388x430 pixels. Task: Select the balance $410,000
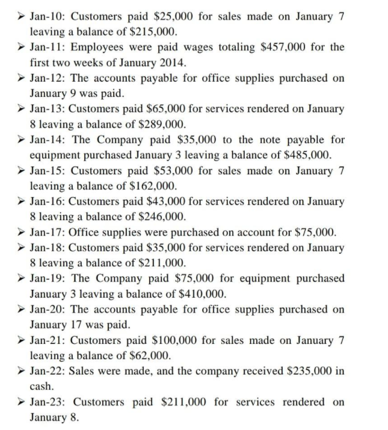[200, 294]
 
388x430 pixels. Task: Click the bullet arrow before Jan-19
[21, 278]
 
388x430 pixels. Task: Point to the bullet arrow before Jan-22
[21, 371]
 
